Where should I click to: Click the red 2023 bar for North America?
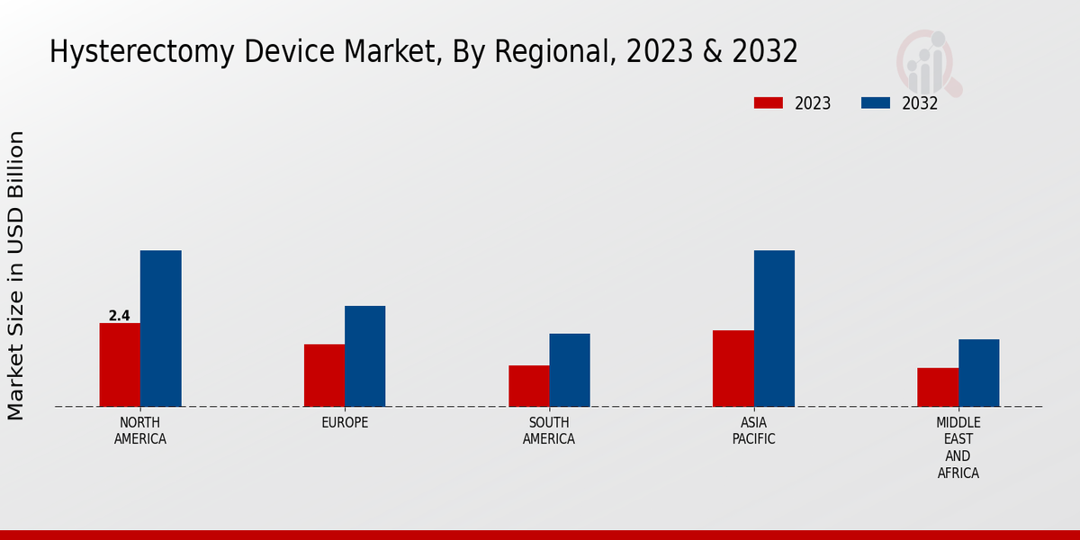pos(120,364)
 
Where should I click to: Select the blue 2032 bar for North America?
pos(160,328)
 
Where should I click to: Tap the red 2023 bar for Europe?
pos(324,375)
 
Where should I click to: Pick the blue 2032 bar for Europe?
pos(364,356)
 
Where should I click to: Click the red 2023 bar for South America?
pos(528,386)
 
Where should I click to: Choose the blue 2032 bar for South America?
pos(570,370)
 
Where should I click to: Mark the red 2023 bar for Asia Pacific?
pos(733,368)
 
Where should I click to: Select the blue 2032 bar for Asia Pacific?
pos(774,328)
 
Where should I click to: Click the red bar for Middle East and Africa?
pos(938,387)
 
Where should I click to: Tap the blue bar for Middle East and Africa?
pos(978,373)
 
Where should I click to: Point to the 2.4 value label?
pos(119,316)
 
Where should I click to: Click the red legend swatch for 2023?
pos(768,103)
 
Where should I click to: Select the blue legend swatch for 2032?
pos(875,103)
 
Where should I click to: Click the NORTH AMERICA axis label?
pos(139,431)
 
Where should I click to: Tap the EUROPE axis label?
pos(345,423)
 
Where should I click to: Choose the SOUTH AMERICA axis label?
pos(549,431)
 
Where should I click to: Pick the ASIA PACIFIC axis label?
pos(753,431)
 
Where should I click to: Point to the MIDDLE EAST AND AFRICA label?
pos(958,447)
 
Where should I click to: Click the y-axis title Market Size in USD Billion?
pos(16,275)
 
